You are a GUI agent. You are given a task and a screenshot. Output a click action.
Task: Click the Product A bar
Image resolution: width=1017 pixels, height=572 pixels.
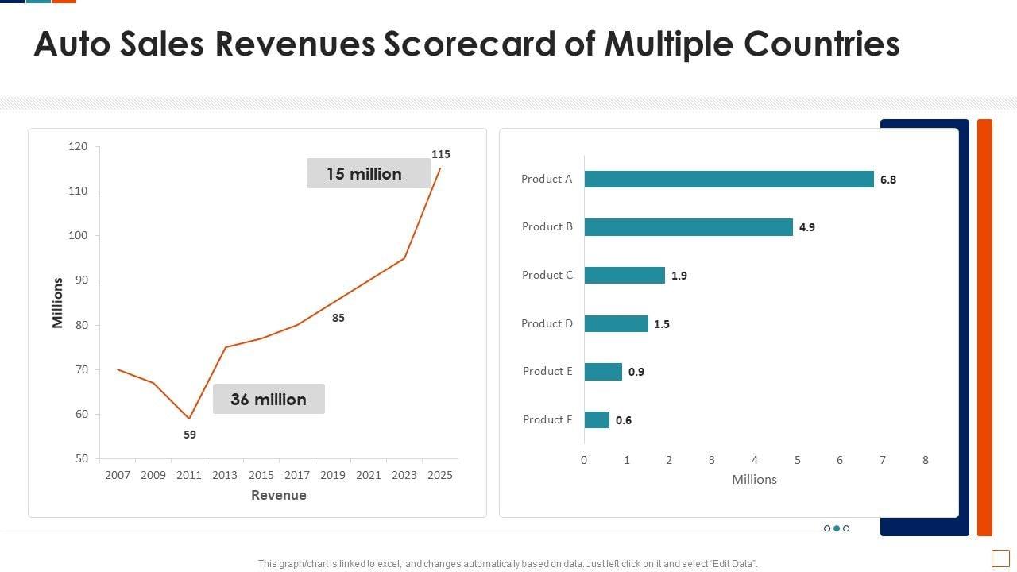point(729,180)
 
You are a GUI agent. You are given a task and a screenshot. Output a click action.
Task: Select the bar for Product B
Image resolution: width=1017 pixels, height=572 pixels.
point(688,227)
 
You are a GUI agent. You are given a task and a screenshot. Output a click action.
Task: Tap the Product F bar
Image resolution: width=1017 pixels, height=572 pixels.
point(597,419)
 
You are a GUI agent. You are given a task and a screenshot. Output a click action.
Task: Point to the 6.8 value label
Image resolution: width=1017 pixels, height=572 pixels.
point(887,180)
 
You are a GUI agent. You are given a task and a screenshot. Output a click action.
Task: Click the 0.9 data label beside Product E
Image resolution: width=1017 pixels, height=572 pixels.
point(636,372)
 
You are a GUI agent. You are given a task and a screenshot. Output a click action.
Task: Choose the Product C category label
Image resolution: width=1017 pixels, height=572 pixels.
point(547,275)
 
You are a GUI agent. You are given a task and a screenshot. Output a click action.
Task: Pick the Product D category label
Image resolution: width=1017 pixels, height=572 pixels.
point(547,323)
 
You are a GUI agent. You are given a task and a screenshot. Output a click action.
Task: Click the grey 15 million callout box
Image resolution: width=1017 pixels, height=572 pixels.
point(368,174)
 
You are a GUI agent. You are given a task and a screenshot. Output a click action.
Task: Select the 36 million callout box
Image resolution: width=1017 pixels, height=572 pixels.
point(269,400)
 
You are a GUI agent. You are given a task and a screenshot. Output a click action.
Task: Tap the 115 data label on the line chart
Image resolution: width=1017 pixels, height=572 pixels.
point(440,154)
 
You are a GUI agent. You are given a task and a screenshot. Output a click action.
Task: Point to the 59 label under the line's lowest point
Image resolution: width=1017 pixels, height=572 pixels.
point(189,435)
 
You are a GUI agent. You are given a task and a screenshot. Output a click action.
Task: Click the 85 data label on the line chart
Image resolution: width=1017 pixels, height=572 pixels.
point(338,318)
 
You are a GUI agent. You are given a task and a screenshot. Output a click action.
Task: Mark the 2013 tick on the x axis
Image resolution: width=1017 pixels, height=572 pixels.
point(225,475)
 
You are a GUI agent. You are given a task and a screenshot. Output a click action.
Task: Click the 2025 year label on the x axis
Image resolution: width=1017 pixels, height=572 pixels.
point(440,475)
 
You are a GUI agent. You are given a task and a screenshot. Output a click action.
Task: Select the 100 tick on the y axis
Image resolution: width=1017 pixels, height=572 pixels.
point(78,236)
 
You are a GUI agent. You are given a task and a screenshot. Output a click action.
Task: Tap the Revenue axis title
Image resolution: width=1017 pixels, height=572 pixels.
point(278,495)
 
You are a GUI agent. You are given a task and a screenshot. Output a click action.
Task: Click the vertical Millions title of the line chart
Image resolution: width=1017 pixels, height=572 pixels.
point(58,303)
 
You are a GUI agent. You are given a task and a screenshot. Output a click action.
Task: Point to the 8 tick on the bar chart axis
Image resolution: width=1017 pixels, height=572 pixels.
point(925,460)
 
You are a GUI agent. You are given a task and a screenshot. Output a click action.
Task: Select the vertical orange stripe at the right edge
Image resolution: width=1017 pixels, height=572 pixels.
point(984,327)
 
